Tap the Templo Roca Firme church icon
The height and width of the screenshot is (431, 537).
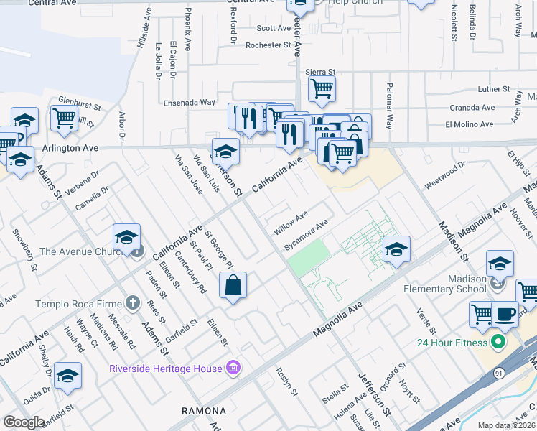[132, 303]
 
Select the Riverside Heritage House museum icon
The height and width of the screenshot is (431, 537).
[232, 369]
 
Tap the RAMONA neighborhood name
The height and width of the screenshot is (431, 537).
[205, 412]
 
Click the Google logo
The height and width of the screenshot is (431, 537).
[24, 422]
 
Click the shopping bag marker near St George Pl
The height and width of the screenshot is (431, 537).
[233, 285]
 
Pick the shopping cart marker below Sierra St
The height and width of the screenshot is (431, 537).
[322, 89]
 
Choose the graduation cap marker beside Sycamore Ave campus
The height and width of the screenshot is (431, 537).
[396, 249]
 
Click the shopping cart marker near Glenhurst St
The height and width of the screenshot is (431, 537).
[65, 118]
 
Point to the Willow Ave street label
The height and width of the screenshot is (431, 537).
[290, 223]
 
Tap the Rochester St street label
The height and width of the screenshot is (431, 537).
[268, 45]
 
